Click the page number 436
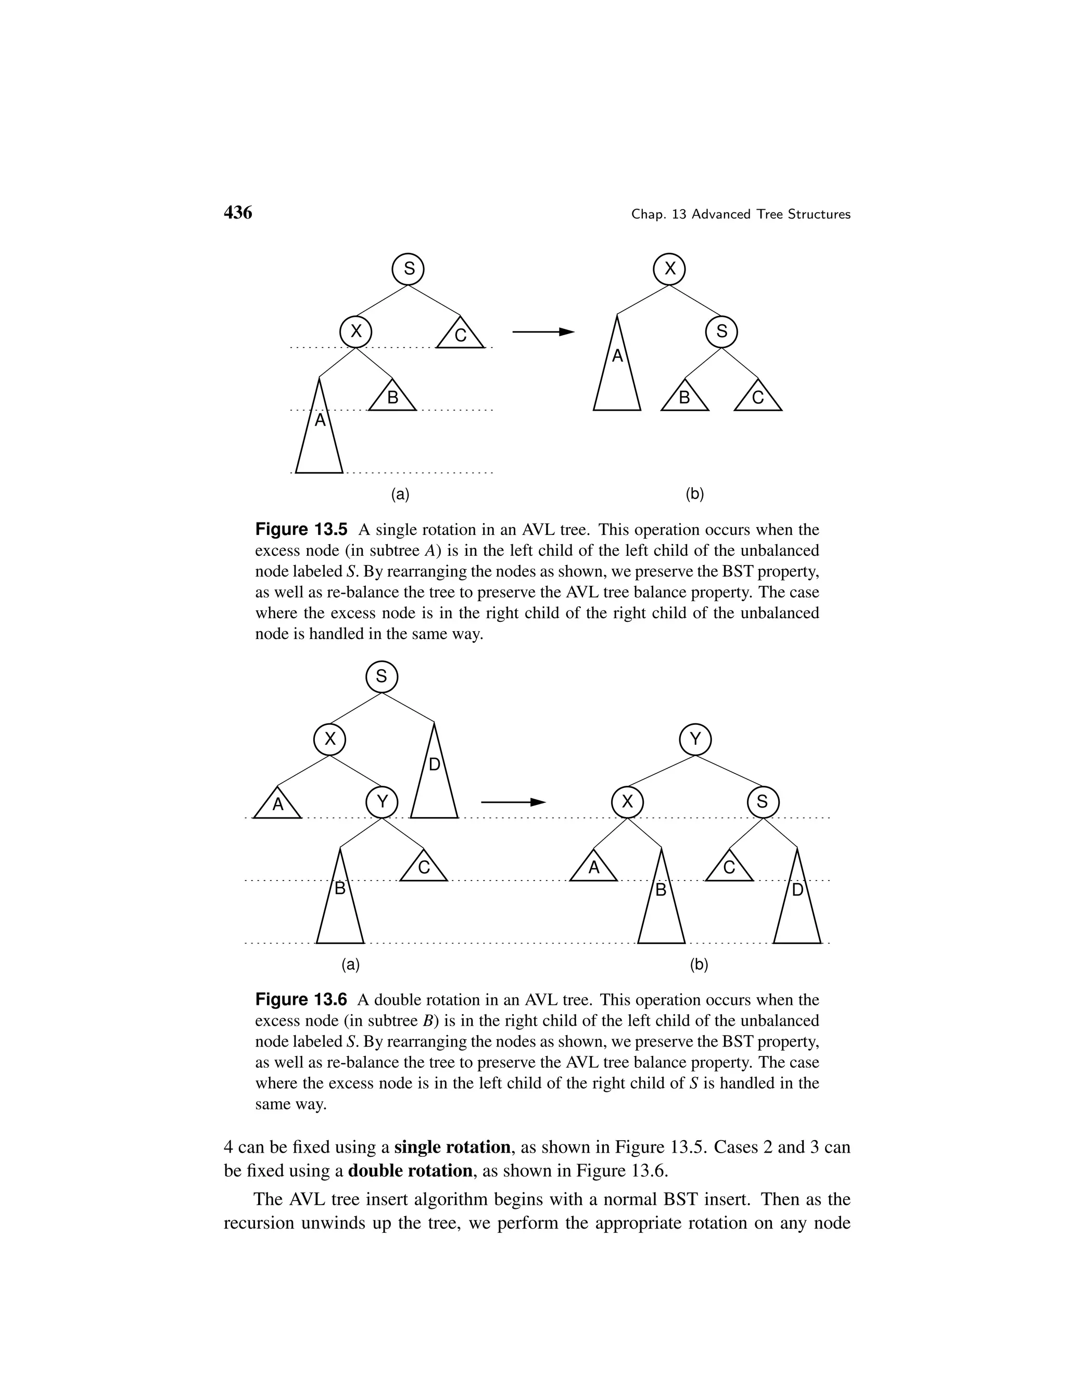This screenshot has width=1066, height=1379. pos(238,213)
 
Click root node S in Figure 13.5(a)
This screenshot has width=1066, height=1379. pos(408,269)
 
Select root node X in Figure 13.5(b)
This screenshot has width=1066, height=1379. pos(669,269)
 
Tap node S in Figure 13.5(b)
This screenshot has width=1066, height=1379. pos(721,331)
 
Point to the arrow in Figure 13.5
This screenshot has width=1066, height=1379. pos(543,331)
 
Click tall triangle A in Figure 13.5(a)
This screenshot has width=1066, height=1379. pos(320,436)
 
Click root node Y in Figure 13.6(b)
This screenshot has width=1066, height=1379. pos(695,739)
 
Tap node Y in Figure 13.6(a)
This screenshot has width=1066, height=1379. pos(382,802)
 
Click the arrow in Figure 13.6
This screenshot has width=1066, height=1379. pos(513,802)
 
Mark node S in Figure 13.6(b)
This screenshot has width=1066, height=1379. pos(763,802)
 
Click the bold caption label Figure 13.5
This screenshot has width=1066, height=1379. pos(301,529)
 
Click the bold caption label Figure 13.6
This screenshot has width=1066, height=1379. pos(301,1000)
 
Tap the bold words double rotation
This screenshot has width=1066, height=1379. pos(411,1171)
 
